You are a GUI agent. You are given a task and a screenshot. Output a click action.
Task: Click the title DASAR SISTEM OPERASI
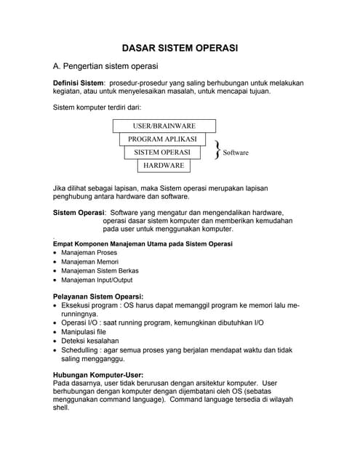(x=179, y=48)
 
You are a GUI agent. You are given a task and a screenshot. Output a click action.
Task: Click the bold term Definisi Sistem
(x=79, y=84)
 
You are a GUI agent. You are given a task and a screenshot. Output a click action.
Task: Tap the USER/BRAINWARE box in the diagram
(x=164, y=126)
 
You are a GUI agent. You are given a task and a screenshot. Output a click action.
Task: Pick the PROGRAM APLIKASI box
(x=162, y=139)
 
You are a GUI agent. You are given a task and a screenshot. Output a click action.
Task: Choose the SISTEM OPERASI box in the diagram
(x=162, y=153)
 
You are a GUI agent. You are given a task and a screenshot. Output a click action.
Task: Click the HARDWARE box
(x=163, y=166)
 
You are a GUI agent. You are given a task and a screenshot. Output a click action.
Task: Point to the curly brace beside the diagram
(x=217, y=151)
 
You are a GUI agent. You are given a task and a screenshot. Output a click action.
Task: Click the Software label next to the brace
(x=236, y=153)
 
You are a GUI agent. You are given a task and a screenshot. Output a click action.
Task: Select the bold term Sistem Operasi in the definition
(x=79, y=213)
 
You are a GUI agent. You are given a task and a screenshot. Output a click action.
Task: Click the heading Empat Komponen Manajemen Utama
(x=143, y=244)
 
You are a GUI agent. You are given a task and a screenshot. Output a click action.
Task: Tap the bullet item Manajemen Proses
(x=89, y=254)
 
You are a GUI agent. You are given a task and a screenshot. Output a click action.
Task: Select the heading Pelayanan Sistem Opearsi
(x=99, y=296)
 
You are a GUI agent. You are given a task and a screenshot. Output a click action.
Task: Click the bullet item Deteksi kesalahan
(x=90, y=340)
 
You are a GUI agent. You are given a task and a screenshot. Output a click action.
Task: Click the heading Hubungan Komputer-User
(x=103, y=374)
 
